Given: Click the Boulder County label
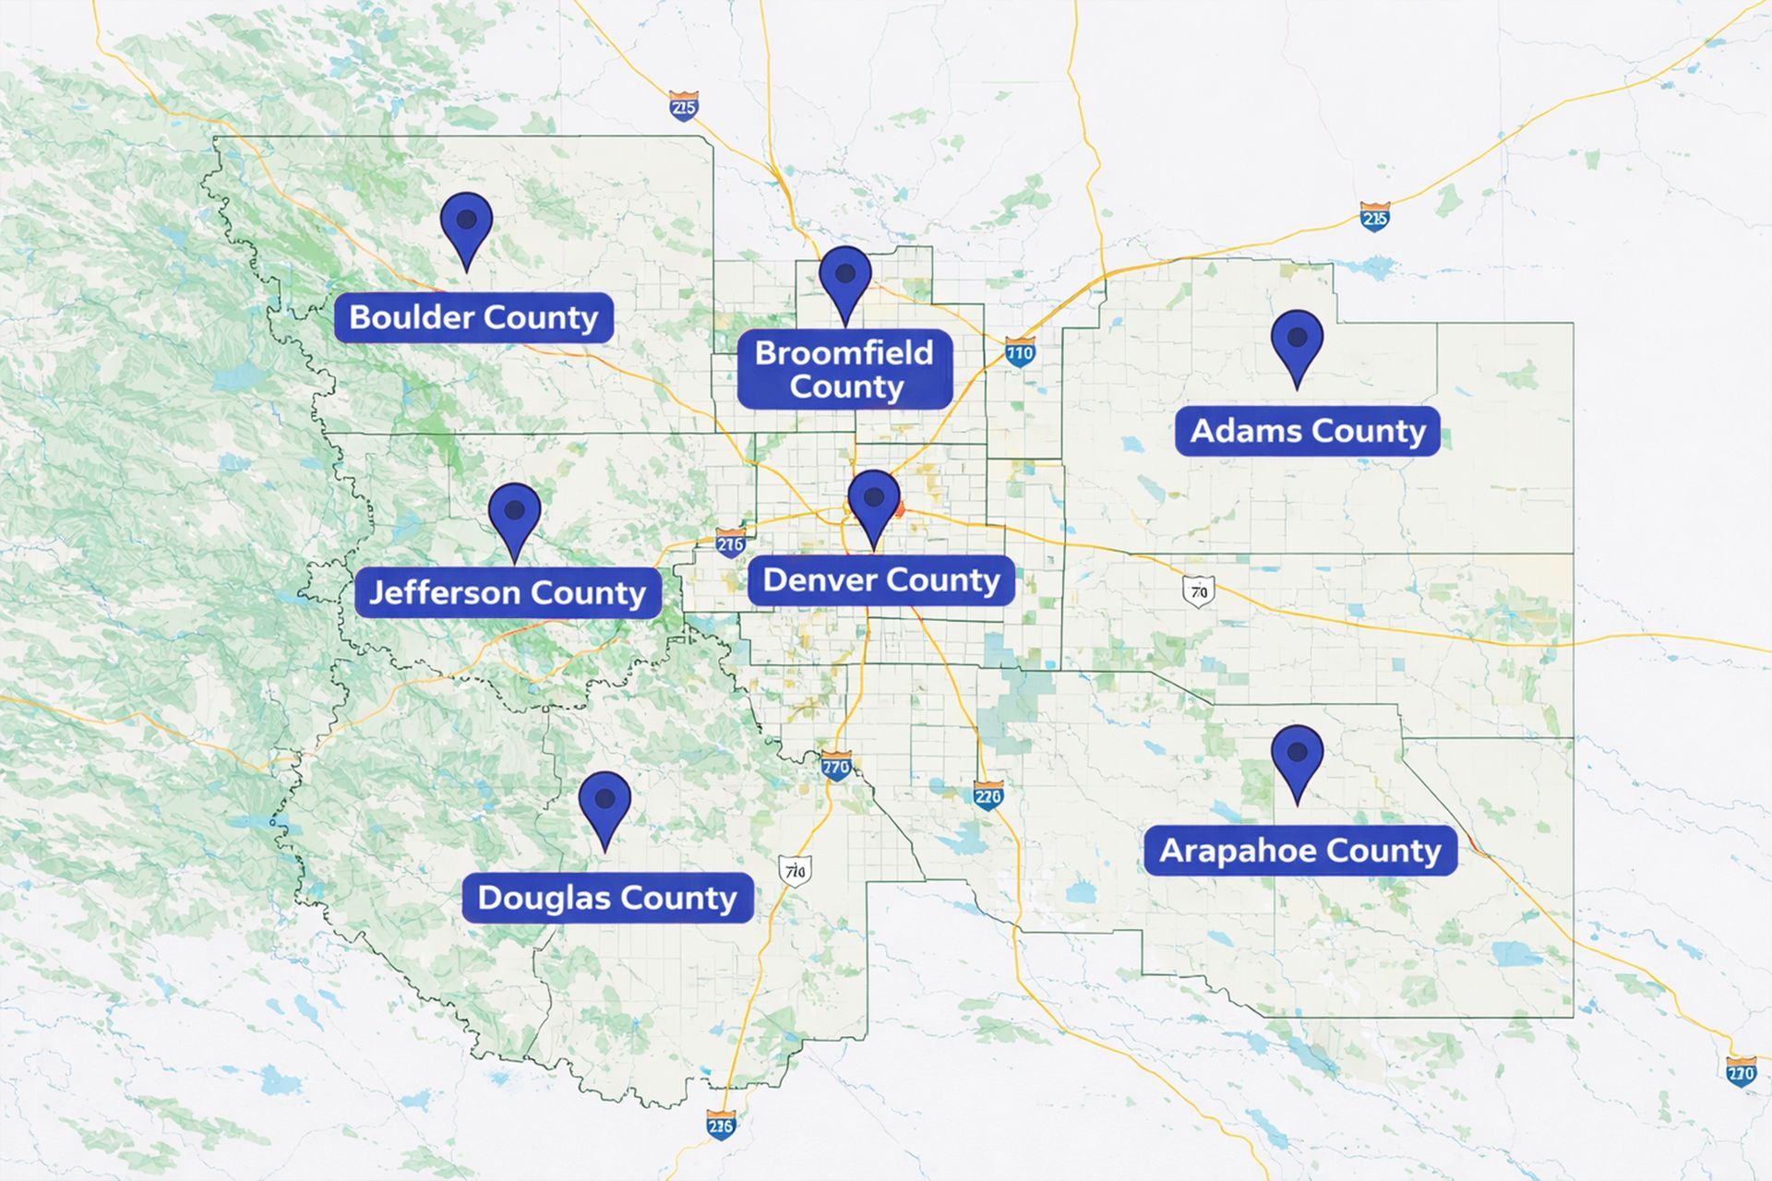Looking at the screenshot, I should [x=473, y=317].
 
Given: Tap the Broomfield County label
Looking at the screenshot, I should [x=844, y=369].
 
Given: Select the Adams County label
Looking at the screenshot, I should [x=1307, y=431].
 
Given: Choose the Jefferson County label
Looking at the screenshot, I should [x=508, y=592].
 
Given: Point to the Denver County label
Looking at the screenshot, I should [x=880, y=580].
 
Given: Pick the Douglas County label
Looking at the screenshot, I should [x=607, y=898].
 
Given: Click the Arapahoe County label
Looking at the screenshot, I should [x=1299, y=851].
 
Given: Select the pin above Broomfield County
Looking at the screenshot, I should [x=845, y=279].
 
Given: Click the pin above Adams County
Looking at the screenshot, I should [x=1297, y=342].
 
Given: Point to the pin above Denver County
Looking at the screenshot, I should [x=873, y=503].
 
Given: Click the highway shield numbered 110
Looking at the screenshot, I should [x=1020, y=352].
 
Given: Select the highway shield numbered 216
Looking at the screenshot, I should [x=730, y=543].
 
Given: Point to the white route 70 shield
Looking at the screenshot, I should [x=1198, y=590].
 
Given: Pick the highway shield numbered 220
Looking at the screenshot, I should [x=988, y=795].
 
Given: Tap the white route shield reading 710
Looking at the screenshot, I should [x=794, y=870].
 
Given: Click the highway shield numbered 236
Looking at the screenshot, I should [x=721, y=1125].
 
